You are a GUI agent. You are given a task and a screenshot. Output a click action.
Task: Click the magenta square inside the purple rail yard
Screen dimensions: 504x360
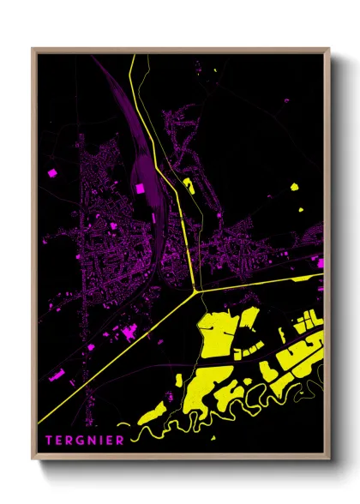click(140, 188)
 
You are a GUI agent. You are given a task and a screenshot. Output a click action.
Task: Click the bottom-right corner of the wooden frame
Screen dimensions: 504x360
click(328, 459)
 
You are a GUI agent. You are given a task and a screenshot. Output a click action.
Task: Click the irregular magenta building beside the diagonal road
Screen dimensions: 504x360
click(130, 332)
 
